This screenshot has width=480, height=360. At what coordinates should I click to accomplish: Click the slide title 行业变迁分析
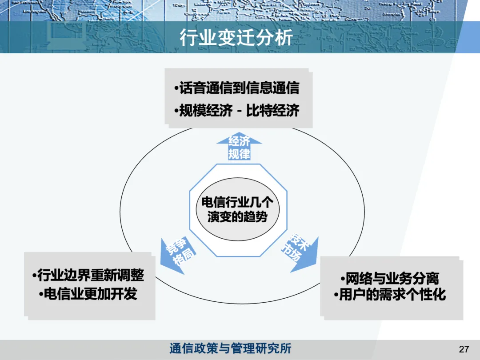coord(236,38)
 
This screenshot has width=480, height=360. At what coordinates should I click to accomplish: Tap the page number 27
coord(464,349)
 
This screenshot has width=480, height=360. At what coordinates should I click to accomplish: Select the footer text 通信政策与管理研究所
coord(230,348)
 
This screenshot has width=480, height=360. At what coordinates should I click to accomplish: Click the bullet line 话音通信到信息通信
coord(237,88)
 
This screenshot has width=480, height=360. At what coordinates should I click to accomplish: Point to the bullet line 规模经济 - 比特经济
coord(237,110)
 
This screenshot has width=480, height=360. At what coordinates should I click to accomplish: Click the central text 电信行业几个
coord(237,203)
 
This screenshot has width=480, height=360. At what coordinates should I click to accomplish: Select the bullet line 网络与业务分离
coord(390,279)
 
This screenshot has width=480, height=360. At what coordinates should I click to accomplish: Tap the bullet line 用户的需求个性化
coord(390,295)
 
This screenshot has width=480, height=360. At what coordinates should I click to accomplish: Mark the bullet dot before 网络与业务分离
coord(343,279)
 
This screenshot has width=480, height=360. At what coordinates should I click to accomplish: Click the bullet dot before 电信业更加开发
coord(41,294)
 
